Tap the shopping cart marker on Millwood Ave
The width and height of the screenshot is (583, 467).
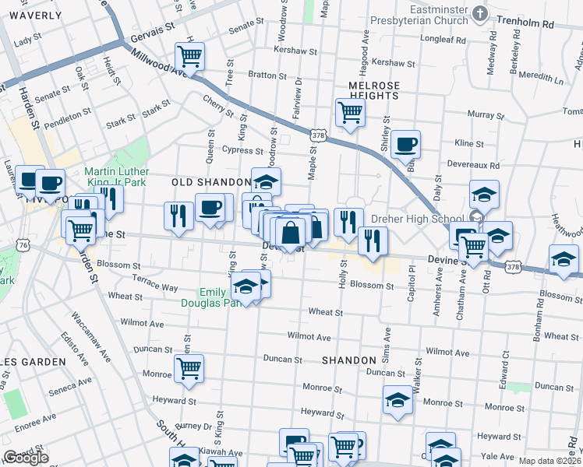coord(189,56)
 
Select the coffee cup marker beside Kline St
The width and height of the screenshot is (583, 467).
coord(405,144)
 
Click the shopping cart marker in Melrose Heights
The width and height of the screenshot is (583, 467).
coord(350,113)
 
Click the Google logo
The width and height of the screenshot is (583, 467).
coord(26,458)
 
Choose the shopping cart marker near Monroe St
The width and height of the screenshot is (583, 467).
coord(189,369)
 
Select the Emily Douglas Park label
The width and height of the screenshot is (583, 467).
coord(218,297)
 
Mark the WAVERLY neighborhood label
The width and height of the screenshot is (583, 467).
coord(36,15)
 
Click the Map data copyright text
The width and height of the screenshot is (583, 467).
coord(550,461)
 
